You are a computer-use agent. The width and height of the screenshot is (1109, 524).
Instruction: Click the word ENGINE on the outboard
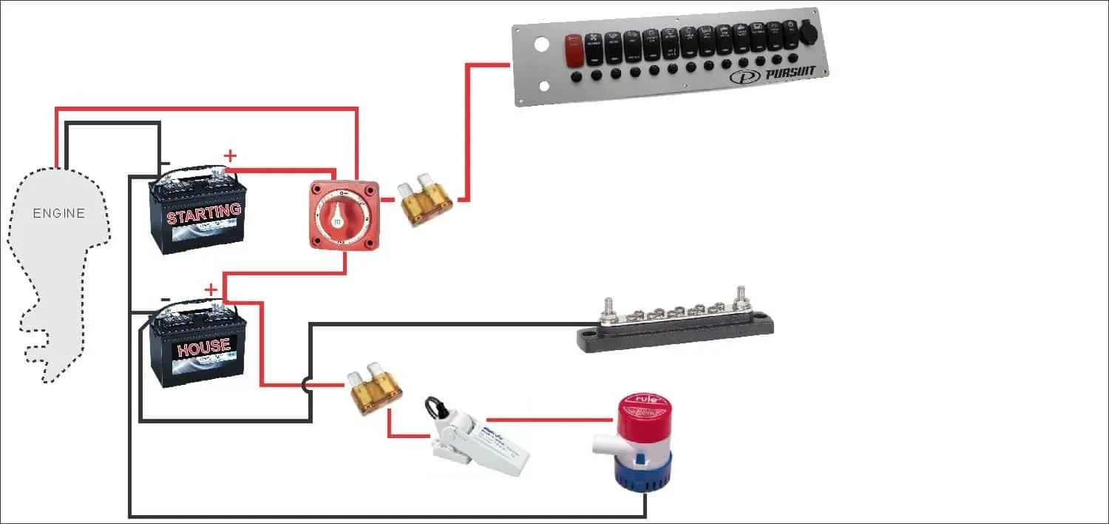click(59, 214)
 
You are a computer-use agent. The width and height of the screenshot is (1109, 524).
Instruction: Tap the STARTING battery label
click(204, 214)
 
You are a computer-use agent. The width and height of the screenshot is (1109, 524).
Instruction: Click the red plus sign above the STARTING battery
click(231, 155)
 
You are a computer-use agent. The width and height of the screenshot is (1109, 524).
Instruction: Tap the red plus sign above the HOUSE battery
click(211, 289)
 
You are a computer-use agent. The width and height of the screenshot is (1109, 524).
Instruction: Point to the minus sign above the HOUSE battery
click(166, 299)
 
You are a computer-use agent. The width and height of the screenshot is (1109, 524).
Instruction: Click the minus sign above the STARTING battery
click(166, 163)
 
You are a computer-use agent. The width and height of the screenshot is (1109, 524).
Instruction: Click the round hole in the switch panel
click(541, 44)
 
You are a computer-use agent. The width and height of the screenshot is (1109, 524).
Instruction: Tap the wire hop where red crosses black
click(307, 385)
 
